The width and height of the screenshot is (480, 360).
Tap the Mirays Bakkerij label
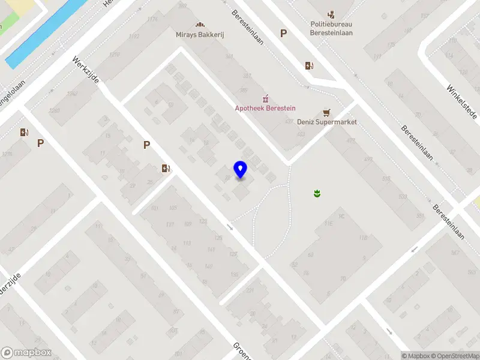coord(200,35)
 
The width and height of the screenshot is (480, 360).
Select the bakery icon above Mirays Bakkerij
coord(200,25)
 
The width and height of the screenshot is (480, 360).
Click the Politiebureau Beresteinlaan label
coord(331,28)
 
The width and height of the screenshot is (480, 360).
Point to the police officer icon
coord(331,14)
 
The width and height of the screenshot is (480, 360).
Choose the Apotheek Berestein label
coord(265,108)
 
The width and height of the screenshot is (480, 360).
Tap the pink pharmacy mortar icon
coord(265,98)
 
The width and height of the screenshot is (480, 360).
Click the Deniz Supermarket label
coord(327,122)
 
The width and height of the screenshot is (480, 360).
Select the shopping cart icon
coord(326,112)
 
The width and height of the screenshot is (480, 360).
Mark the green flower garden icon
coord(316,193)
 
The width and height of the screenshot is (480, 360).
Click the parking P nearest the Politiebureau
coord(283,34)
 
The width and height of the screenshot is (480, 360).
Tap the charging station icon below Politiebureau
coord(309,65)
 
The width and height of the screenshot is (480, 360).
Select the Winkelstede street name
coord(460,100)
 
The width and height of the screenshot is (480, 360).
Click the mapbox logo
coord(26,353)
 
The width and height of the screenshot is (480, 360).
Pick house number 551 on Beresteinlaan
coord(420,217)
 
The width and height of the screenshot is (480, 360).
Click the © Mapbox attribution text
coord(416,356)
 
